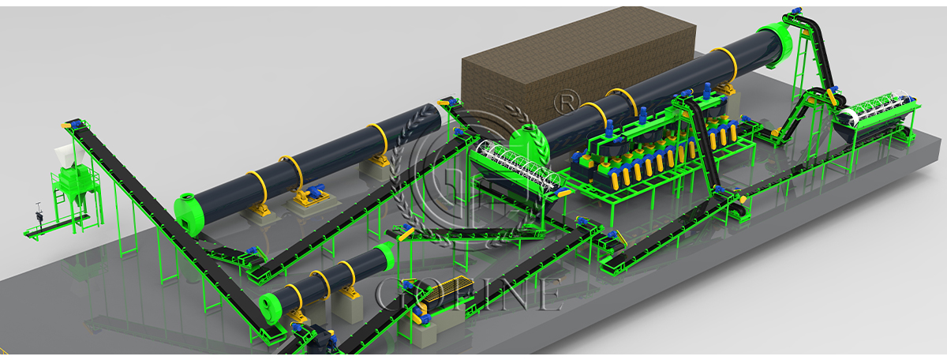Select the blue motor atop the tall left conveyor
point(76,124)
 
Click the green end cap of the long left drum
point(189,214)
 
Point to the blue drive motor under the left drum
point(316,191)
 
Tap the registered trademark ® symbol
point(567,102)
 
